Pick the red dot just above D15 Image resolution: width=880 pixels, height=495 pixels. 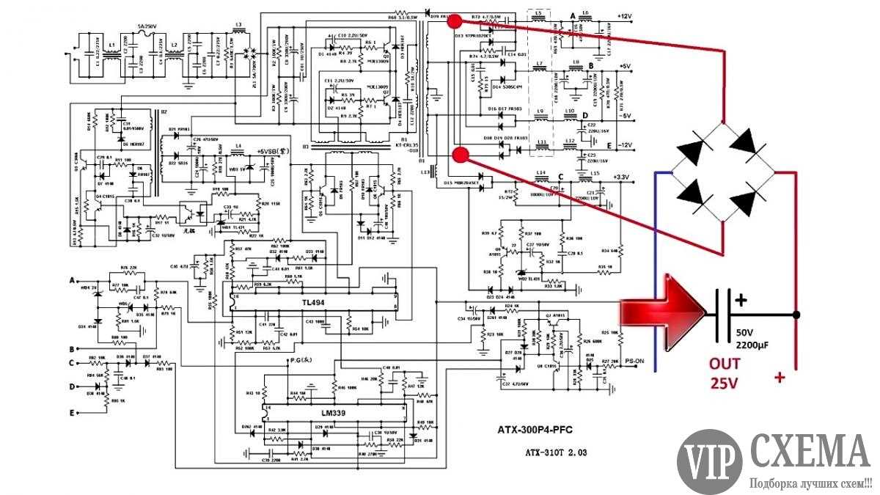tap(461, 155)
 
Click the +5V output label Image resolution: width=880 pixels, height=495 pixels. tap(624, 67)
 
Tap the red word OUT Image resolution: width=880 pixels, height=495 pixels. tap(724, 364)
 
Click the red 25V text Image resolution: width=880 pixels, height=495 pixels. tap(724, 382)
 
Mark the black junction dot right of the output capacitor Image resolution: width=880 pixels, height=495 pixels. tap(796, 315)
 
